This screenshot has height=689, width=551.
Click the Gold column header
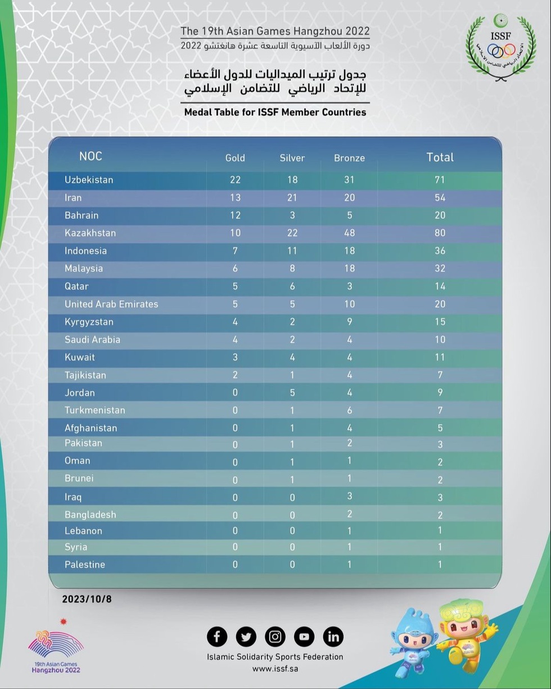(x=235, y=158)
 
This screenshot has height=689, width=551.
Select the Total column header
(x=440, y=157)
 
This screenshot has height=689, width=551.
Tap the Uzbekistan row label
(x=89, y=180)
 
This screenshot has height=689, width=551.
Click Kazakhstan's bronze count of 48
(x=349, y=233)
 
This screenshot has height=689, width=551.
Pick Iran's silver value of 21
(x=292, y=197)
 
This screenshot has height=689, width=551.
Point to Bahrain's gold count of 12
(x=235, y=215)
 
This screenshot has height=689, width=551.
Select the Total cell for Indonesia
(x=440, y=251)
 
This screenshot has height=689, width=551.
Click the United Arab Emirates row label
(x=111, y=304)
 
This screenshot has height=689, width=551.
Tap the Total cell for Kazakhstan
(x=440, y=233)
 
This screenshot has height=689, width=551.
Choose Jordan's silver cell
(x=292, y=393)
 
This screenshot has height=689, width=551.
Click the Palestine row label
(x=85, y=565)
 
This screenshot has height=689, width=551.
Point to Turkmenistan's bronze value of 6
(x=349, y=411)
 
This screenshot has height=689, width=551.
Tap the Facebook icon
(x=217, y=637)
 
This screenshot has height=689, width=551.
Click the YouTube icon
(x=304, y=637)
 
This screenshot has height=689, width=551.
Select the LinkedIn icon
(x=333, y=637)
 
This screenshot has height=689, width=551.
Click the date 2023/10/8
(x=87, y=600)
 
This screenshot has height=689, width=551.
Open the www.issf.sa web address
(x=275, y=669)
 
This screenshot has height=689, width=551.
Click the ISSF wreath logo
(x=500, y=48)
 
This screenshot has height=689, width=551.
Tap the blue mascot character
(x=413, y=641)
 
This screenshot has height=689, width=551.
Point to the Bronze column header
(x=349, y=158)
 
